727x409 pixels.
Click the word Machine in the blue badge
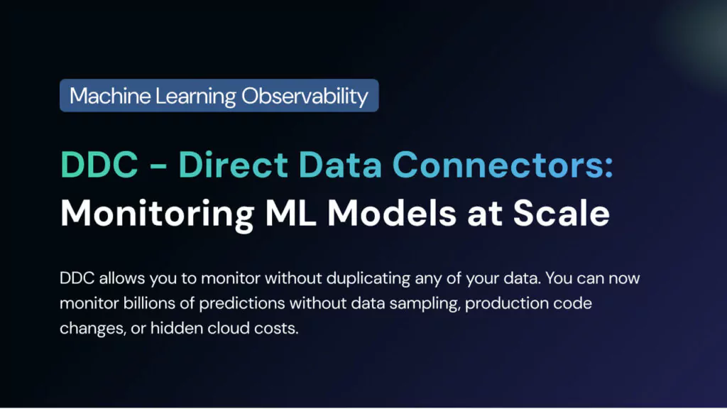[110, 96]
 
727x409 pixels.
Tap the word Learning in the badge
[196, 97]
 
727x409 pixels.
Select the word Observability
[305, 97]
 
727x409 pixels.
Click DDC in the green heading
[99, 164]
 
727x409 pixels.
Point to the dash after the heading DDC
[158, 165]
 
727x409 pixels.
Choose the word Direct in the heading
[233, 164]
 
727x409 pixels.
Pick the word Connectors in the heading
[496, 164]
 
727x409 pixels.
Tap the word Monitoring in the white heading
[157, 214]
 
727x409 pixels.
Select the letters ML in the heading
[290, 213]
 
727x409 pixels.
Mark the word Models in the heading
[392, 213]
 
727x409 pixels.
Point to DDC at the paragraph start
[77, 278]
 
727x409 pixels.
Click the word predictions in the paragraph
[242, 304]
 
